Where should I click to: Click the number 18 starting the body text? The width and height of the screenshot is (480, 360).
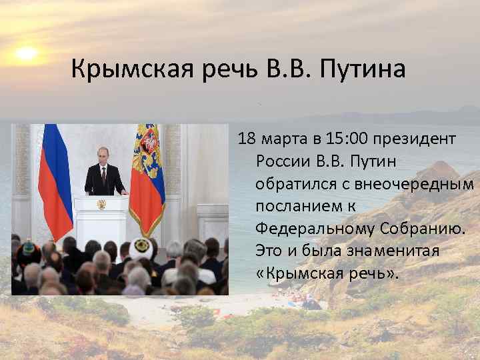pos(247,139)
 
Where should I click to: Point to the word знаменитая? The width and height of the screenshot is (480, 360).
pos(392,251)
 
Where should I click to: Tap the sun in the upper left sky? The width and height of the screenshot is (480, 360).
pos(27,53)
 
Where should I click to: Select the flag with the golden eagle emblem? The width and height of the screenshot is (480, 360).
pos(147,173)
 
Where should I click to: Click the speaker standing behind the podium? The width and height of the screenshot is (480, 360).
pos(105,173)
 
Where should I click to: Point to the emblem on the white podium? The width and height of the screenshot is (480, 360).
pos(101,204)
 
